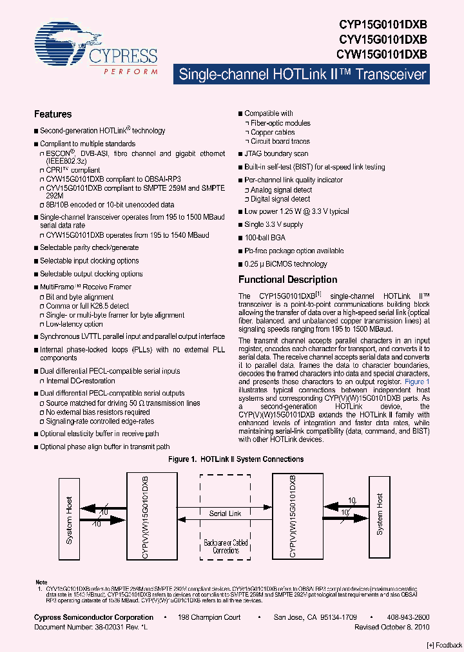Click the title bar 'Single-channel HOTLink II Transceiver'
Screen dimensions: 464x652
click(302, 74)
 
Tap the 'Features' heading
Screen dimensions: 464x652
click(53, 115)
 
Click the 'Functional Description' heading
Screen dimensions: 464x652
click(287, 280)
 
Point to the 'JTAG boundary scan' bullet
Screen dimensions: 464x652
click(276, 154)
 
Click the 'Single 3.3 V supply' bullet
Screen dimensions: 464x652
click(273, 225)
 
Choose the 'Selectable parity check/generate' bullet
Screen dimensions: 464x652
click(89, 247)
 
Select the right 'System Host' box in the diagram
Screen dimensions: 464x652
click(380, 514)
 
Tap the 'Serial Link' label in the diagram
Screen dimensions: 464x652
click(226, 513)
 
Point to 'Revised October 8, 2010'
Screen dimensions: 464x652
click(392, 626)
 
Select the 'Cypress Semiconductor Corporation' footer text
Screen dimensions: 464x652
click(93, 617)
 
